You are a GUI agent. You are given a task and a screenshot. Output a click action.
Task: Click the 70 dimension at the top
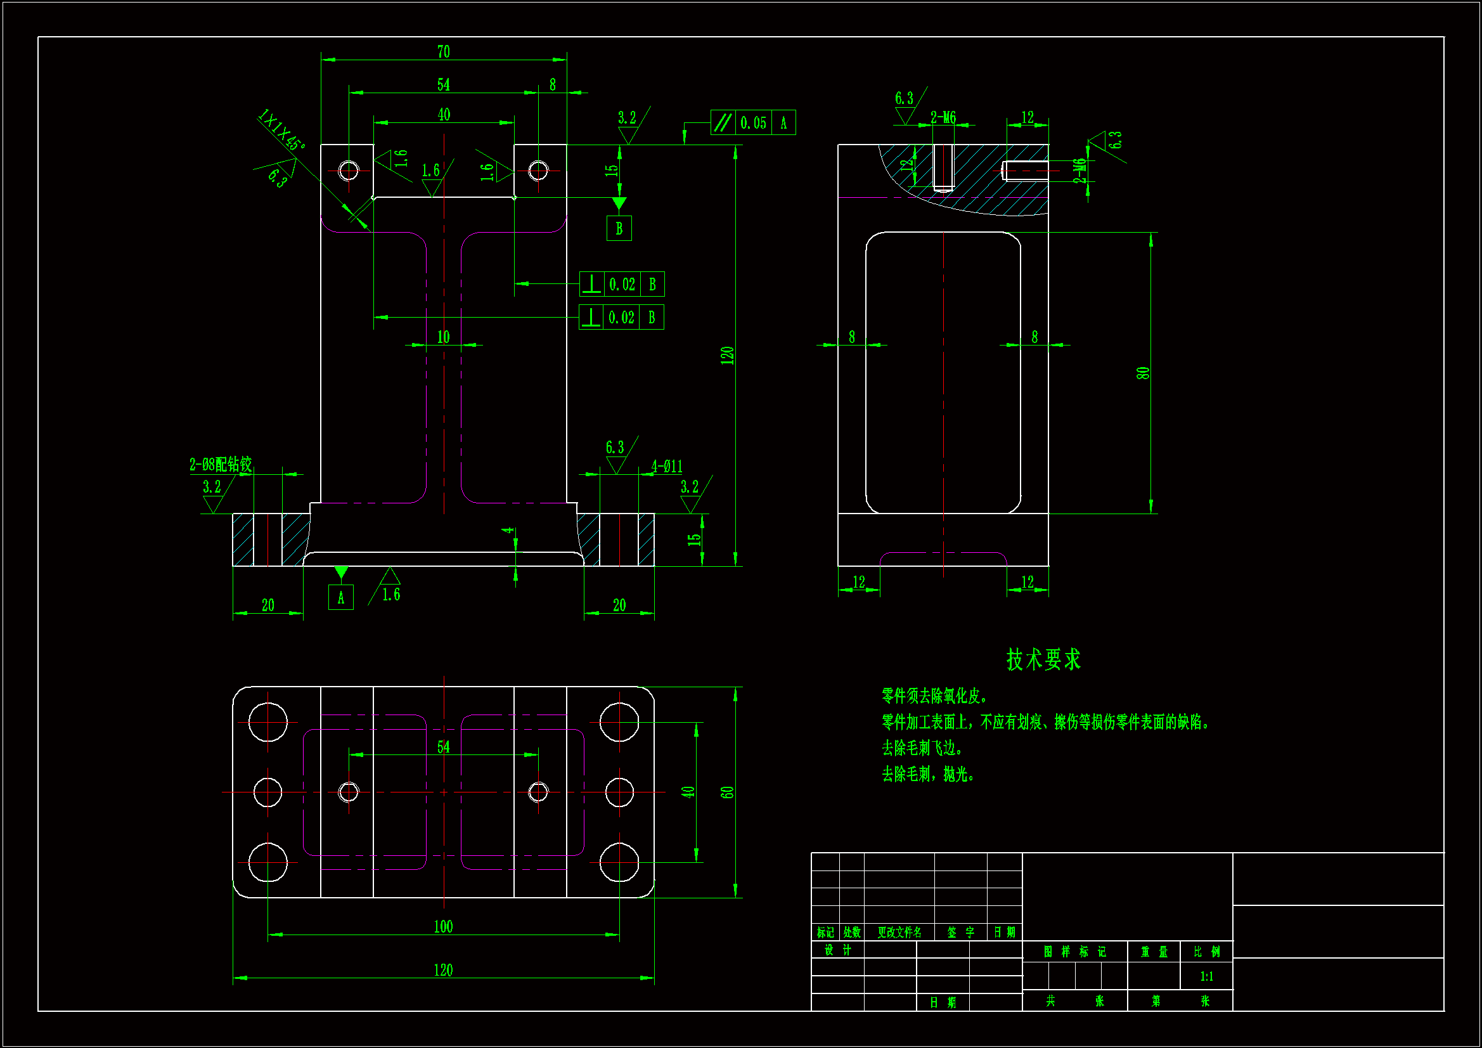point(444,51)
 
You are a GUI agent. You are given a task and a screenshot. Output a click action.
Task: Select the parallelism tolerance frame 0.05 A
point(752,123)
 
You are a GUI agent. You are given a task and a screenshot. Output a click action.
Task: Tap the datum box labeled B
point(619,229)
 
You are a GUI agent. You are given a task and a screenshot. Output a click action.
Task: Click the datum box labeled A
point(341,598)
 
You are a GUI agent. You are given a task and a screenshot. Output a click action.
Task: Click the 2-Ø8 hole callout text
point(220,464)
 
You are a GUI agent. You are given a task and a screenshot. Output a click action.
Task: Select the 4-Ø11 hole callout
point(666,466)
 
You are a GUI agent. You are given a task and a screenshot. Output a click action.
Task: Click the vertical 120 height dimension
point(728,355)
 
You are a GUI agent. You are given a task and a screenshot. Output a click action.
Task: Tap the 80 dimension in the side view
point(1142,373)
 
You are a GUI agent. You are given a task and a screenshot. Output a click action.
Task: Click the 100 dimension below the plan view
point(444,927)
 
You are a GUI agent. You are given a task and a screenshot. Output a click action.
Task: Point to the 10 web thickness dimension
point(444,337)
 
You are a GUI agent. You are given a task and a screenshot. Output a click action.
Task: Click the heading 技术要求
point(1043,660)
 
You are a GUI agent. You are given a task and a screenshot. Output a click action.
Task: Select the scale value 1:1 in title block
point(1206,976)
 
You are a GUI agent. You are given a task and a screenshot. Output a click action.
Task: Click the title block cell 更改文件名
point(899,933)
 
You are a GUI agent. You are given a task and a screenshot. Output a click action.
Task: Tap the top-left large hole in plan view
point(268,722)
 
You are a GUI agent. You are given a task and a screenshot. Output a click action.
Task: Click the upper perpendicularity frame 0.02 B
point(622,284)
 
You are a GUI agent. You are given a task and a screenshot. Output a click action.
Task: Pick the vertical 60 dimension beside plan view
point(728,792)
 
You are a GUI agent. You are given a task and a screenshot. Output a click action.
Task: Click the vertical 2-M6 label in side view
point(1079,171)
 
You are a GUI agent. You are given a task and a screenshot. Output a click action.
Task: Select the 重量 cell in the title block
point(1154,952)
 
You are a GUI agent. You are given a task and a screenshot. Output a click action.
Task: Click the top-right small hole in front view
point(538,171)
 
